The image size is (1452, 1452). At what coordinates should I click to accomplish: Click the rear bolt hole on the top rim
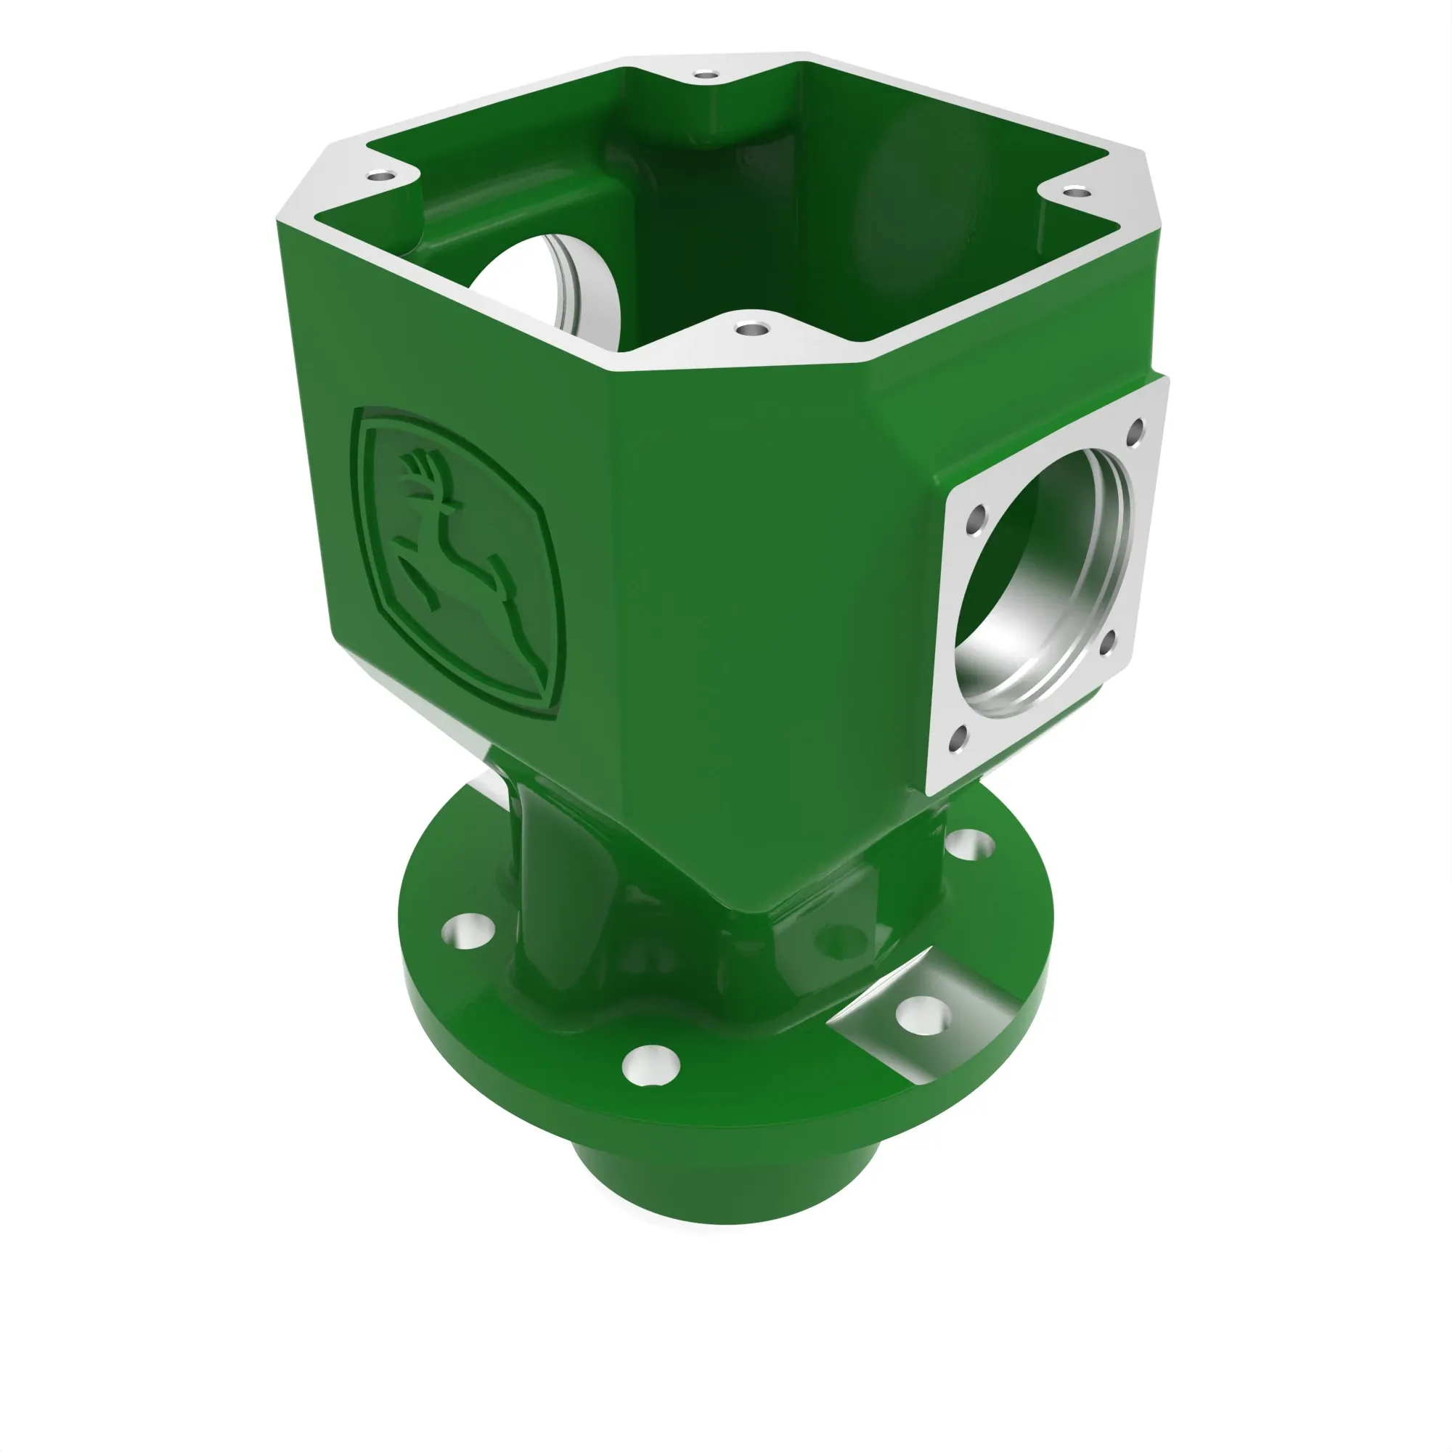[705, 76]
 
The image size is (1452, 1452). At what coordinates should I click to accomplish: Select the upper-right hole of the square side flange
[1135, 431]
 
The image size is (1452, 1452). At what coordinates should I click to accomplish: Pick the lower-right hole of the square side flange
[1107, 643]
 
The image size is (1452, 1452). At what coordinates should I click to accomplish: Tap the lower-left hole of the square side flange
[958, 739]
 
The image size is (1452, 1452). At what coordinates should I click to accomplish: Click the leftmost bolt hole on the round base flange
[468, 932]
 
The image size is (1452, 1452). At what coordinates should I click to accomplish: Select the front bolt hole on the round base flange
[650, 1065]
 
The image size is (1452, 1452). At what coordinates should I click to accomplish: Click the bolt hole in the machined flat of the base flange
[923, 1016]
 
